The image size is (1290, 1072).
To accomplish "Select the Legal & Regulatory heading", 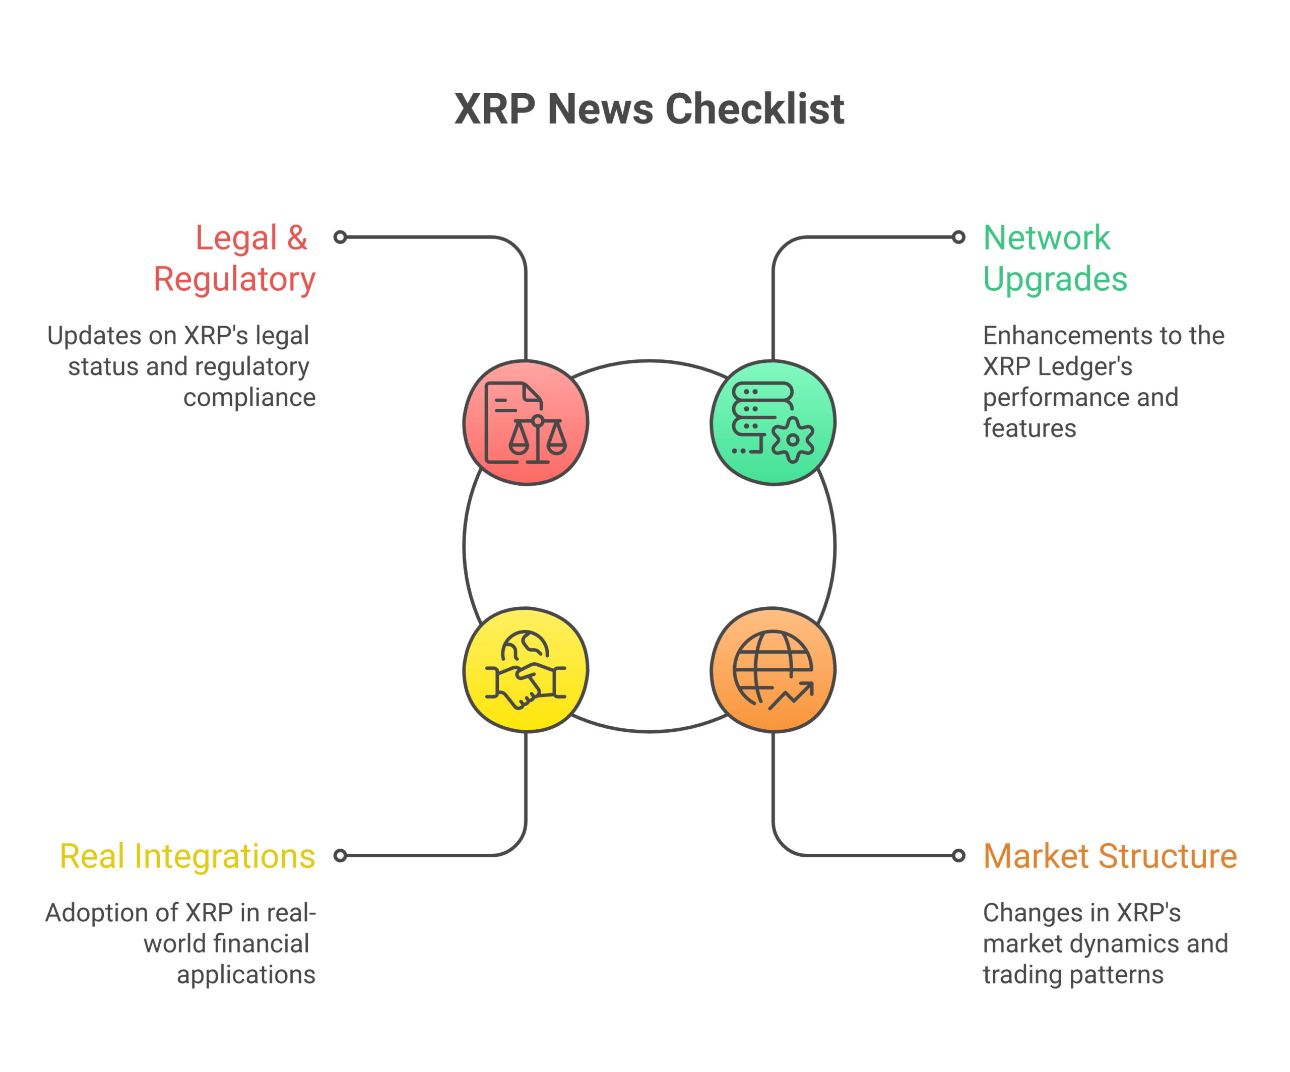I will (x=235, y=258).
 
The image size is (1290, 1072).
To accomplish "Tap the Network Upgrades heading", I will (x=1054, y=258).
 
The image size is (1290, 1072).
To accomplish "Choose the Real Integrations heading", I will (x=187, y=856).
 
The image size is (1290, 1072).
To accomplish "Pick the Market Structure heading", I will (x=1110, y=856).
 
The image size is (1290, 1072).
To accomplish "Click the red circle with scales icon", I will (x=526, y=423).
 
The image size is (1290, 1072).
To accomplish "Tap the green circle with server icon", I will (x=773, y=423).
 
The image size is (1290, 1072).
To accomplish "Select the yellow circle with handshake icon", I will (x=526, y=670).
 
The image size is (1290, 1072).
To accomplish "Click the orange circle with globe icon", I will (x=773, y=670).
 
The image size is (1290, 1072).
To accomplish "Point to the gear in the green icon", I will (x=793, y=440).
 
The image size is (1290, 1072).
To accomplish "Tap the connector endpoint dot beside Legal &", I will (x=340, y=237).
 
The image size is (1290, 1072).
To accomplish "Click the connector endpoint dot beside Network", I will (x=958, y=237).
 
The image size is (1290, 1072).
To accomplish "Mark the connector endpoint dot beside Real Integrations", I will (x=340, y=855).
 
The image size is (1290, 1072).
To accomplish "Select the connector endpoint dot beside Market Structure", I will (x=958, y=855).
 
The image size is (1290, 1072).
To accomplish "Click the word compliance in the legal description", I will (x=249, y=398).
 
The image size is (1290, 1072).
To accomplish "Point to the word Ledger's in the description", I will (x=1084, y=367).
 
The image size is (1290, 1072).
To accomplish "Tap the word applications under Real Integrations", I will (x=246, y=975).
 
